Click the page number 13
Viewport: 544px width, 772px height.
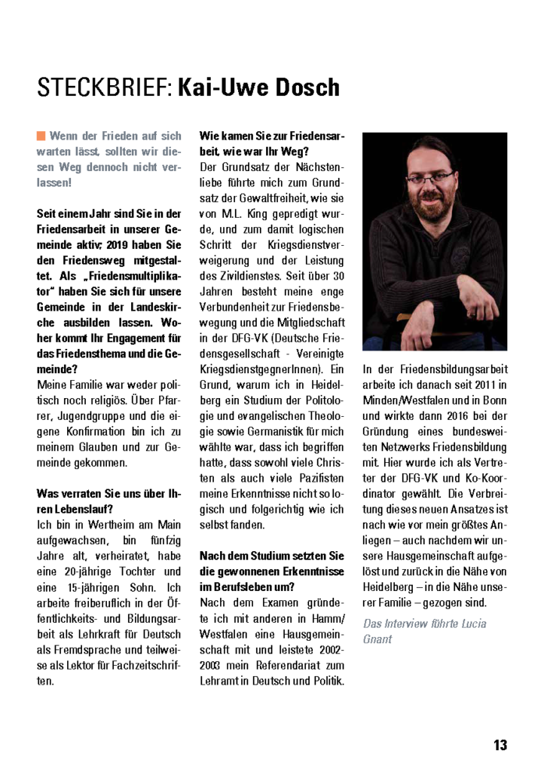coord(500,745)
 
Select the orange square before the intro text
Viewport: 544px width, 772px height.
coord(41,136)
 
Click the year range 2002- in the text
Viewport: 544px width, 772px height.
coord(328,650)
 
